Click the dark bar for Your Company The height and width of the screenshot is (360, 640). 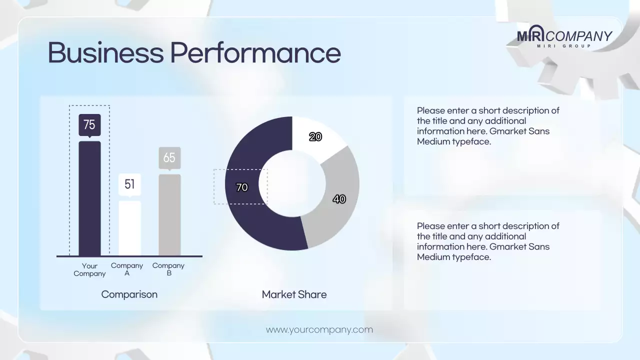click(x=89, y=198)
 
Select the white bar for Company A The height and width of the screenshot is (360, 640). click(x=129, y=228)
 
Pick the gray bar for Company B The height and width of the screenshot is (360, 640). click(x=169, y=215)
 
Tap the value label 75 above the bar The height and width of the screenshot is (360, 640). click(x=89, y=124)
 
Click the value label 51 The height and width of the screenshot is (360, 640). click(x=129, y=184)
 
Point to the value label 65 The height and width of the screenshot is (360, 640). click(x=169, y=158)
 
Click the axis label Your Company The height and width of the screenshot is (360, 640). click(x=89, y=269)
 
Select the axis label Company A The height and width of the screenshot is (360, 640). click(x=127, y=269)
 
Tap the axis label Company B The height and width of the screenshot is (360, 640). click(x=168, y=269)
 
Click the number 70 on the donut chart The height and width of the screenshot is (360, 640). click(x=241, y=187)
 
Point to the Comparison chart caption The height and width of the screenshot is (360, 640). click(x=129, y=294)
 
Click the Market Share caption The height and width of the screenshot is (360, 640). click(x=294, y=294)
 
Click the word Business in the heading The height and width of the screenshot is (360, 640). click(x=105, y=52)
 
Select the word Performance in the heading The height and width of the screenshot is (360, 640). click(x=255, y=52)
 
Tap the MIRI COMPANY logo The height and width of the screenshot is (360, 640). click(x=564, y=35)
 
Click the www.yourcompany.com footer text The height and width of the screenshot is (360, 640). click(x=319, y=329)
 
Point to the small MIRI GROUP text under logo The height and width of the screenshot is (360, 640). click(x=564, y=46)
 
